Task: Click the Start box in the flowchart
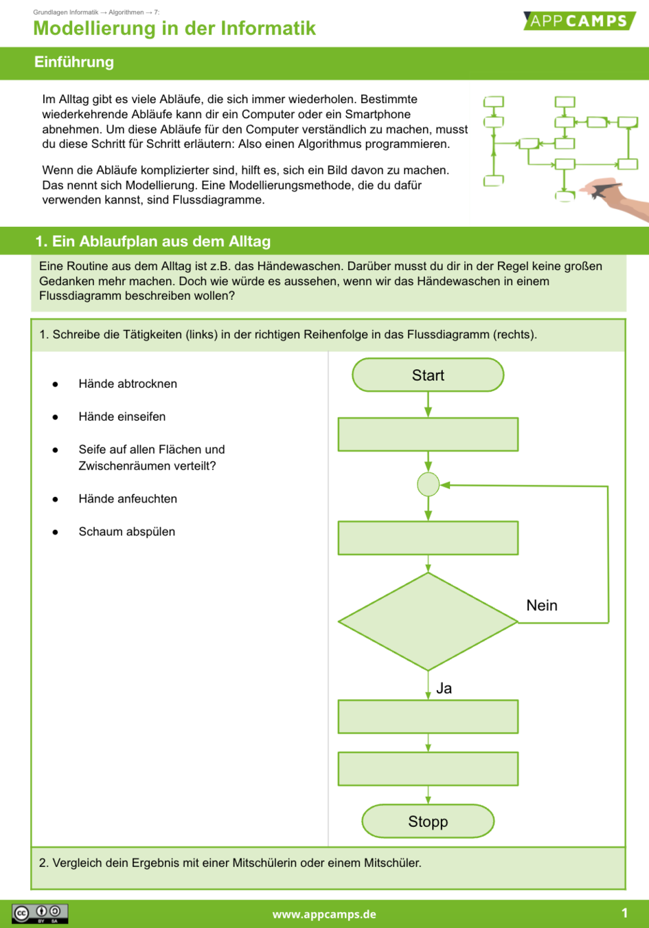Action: (x=428, y=375)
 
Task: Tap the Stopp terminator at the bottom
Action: (x=428, y=821)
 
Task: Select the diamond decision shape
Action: (x=428, y=621)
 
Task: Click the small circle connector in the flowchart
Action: (x=428, y=485)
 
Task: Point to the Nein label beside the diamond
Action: (x=542, y=606)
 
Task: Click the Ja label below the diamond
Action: (x=444, y=689)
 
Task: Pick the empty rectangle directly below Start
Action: (x=428, y=434)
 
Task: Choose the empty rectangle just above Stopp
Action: (x=428, y=769)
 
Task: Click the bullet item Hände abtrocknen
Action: (x=128, y=384)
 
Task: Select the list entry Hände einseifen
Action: (x=122, y=417)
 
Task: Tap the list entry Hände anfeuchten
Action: (x=128, y=499)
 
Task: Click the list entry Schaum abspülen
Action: (x=127, y=531)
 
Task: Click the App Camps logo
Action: (x=578, y=21)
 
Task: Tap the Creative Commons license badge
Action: (x=40, y=914)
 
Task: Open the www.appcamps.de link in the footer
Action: (x=324, y=914)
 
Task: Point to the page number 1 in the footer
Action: (x=624, y=913)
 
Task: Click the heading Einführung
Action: (x=74, y=62)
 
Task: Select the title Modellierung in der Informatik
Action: (x=174, y=28)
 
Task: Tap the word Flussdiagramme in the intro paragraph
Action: (x=218, y=200)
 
